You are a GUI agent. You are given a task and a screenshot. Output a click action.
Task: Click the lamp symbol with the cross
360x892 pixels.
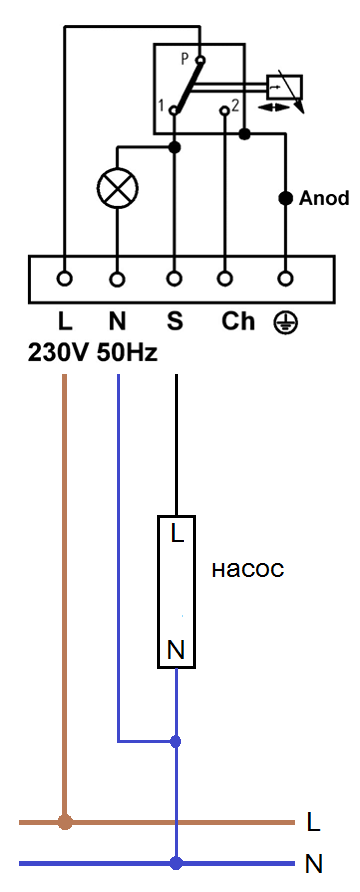click(x=118, y=188)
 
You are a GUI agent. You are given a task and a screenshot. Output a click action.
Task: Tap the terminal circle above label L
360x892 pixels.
click(x=65, y=279)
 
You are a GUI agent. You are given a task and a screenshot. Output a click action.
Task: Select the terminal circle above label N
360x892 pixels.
click(x=118, y=279)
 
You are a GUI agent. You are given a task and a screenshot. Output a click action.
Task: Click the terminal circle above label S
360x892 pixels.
click(x=175, y=279)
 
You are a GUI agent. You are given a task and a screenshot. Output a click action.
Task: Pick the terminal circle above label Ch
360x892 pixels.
click(x=226, y=279)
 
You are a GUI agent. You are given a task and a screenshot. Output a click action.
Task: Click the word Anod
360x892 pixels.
click(x=324, y=199)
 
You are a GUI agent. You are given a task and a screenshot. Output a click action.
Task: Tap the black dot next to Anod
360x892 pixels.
click(x=285, y=199)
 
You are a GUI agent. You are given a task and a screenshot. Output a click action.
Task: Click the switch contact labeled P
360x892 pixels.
click(x=200, y=59)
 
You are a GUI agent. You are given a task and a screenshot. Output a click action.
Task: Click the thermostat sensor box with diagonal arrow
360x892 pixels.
click(x=285, y=88)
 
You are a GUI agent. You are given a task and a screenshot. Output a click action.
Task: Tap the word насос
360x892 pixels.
click(x=248, y=570)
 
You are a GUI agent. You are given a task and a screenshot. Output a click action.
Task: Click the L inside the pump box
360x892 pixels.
click(x=178, y=535)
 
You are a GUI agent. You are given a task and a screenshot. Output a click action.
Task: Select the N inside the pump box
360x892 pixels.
click(x=176, y=650)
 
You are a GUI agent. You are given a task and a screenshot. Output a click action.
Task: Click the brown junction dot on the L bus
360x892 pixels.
click(x=65, y=822)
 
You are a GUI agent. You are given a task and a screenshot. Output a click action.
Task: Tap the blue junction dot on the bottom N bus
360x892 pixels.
click(x=176, y=864)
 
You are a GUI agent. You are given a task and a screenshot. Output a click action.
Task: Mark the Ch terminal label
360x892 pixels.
click(x=238, y=322)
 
